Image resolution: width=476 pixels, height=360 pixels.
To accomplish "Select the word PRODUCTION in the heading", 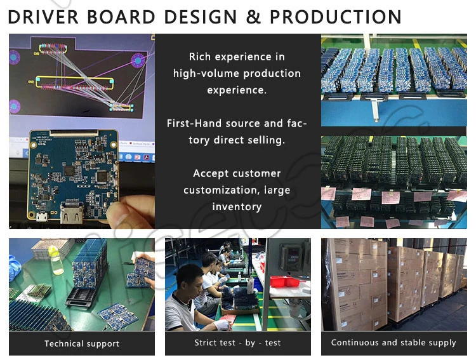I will pos(336,17).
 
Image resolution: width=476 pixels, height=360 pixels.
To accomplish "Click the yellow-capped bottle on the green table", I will pos(57,258).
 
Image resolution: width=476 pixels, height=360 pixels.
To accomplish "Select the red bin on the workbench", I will pos(284,280).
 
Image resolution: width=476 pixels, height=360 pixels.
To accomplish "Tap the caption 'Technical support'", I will pos(82,343).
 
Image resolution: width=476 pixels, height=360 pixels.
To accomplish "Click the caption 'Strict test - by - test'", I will pos(237,343).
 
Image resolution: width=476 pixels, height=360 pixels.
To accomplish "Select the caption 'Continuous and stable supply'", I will pos(393,343).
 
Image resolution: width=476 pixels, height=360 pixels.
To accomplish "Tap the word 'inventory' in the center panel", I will pos(237,207).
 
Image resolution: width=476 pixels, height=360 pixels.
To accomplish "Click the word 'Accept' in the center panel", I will pos(210,173).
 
